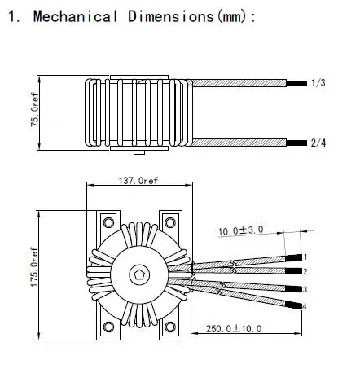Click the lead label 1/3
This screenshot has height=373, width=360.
coord(318,83)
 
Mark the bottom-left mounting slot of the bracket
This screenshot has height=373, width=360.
coord(107,328)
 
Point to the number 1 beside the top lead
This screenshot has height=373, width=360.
coord(305,257)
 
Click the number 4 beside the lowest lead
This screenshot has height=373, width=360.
coord(304,306)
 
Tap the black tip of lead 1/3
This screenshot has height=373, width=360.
coord(298,83)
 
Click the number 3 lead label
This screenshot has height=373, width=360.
coord(304,289)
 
